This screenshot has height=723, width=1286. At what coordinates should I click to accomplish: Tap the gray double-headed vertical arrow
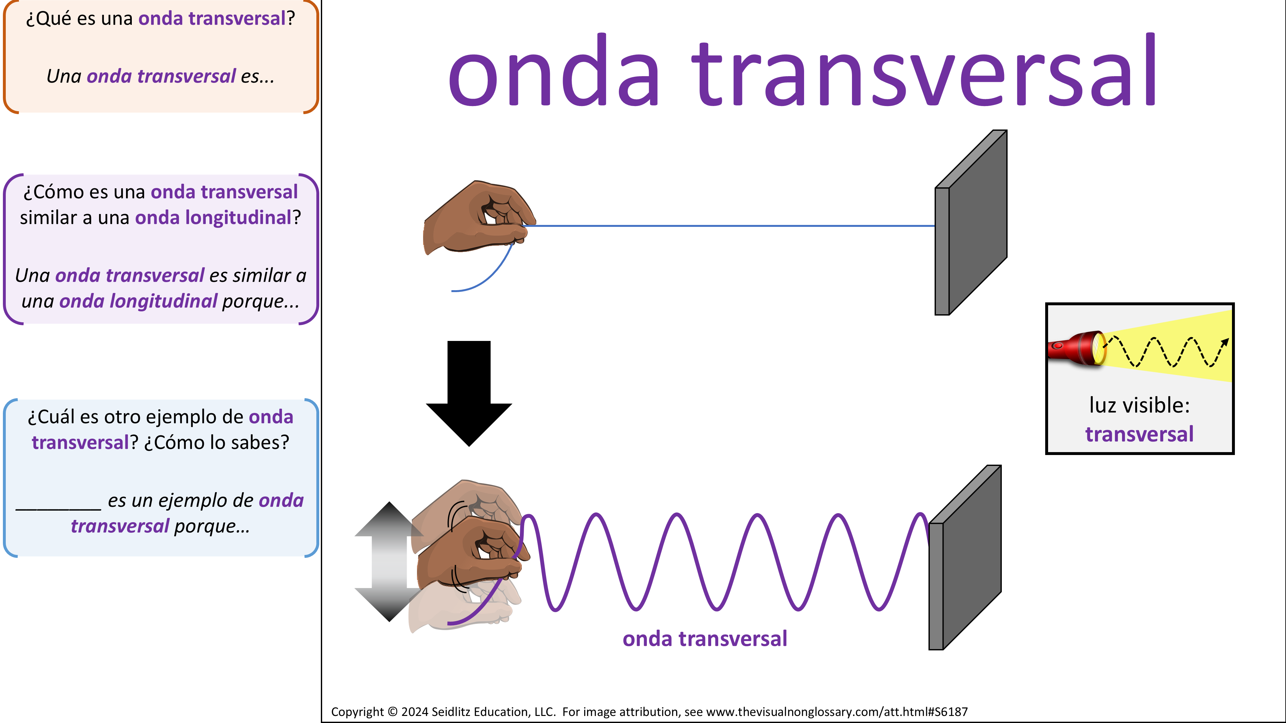[389, 561]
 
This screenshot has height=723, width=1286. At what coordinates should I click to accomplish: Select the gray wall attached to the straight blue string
[971, 223]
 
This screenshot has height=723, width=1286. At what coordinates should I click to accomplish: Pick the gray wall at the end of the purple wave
[964, 557]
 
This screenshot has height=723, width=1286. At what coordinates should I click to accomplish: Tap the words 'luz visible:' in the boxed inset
[1139, 405]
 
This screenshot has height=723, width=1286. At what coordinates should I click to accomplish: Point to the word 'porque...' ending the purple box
[261, 302]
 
